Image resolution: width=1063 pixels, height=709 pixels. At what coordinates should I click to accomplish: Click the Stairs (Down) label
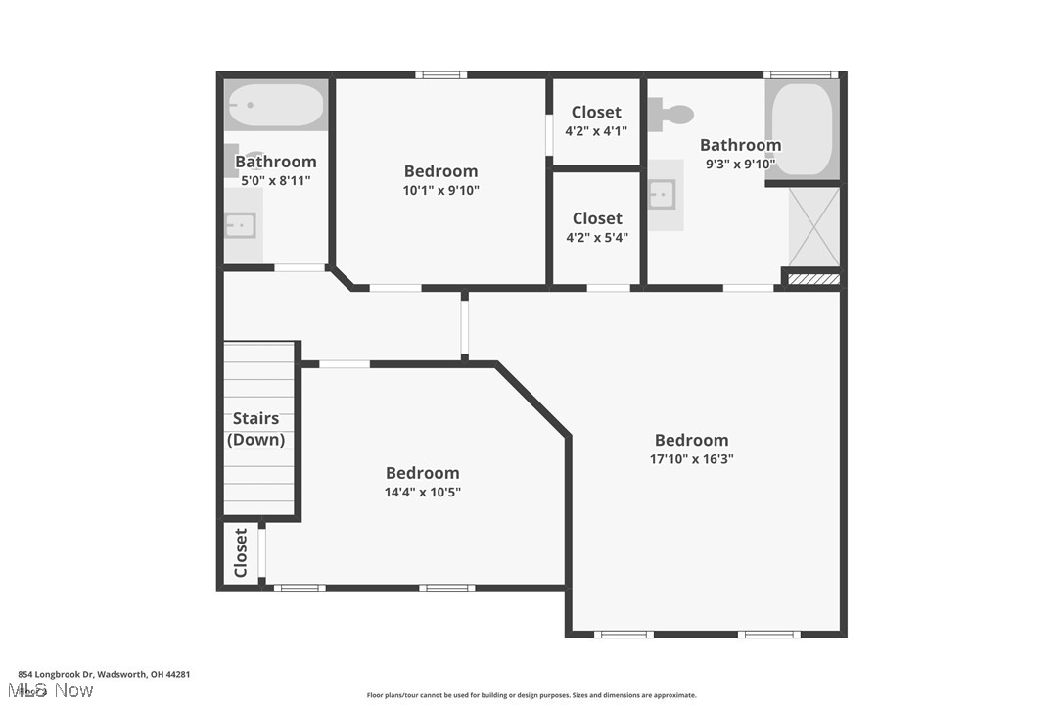coord(255,429)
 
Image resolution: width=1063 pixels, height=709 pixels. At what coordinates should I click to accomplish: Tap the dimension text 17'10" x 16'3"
coord(692,458)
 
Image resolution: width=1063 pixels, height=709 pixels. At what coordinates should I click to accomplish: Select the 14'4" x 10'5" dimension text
coord(422,492)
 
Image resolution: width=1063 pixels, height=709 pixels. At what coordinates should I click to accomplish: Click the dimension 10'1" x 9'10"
coord(440,190)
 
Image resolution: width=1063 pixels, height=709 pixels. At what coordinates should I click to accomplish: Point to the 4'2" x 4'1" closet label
coord(596,130)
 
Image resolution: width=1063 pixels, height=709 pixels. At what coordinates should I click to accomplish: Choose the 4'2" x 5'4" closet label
coord(596,237)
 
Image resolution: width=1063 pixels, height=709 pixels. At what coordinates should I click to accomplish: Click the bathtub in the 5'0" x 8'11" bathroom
coord(275,106)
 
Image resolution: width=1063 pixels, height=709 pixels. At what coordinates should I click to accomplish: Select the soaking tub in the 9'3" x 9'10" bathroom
coord(802,128)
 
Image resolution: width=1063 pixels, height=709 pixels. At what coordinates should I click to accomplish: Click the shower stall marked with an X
coord(813,226)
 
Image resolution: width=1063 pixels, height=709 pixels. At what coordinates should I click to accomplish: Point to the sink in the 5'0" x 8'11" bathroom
coord(240,225)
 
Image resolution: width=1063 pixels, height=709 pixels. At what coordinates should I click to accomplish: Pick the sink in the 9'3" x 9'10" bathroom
coord(664,194)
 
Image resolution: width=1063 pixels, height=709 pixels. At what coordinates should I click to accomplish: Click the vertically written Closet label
coord(241,553)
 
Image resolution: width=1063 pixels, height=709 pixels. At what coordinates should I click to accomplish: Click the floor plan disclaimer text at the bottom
coord(531,695)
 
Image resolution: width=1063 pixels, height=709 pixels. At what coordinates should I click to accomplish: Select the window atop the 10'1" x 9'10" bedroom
coord(440,74)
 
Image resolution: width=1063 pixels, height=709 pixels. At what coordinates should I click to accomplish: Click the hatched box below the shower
coord(813,279)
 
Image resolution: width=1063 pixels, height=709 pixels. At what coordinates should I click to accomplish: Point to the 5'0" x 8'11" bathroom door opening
coord(300,267)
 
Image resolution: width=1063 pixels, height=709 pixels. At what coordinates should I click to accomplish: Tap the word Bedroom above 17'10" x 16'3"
coord(691,440)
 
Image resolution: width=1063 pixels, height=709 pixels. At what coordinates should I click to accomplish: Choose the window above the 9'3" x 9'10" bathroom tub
coord(801,74)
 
